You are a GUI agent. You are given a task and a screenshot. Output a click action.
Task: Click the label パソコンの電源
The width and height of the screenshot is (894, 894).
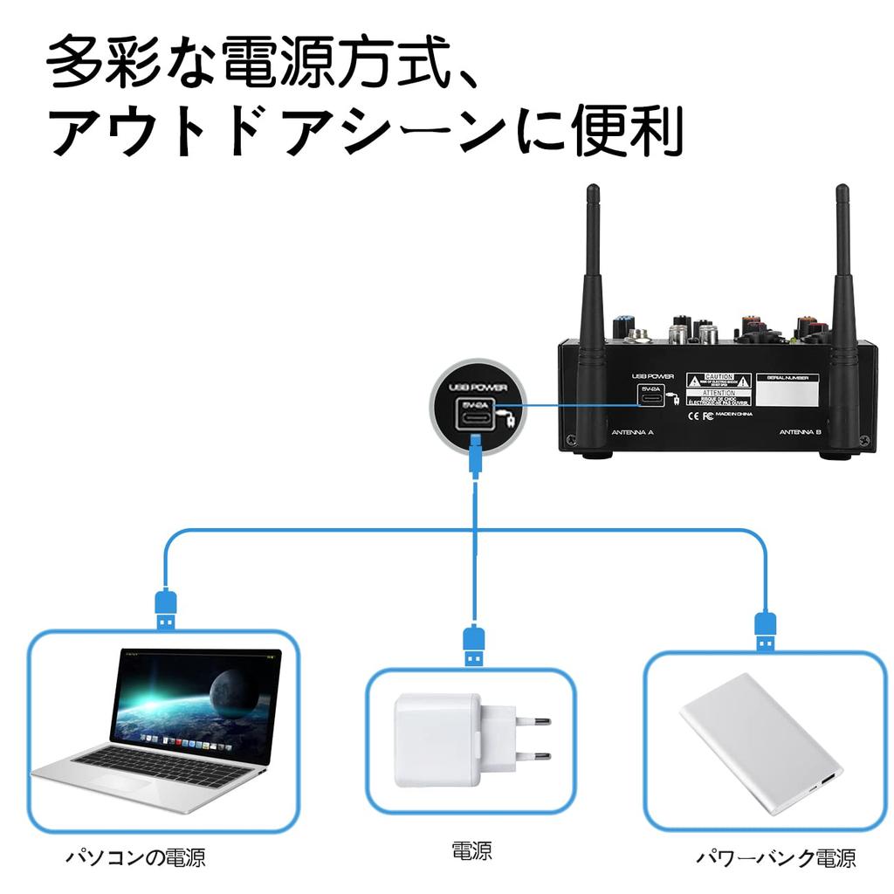[x=136, y=857]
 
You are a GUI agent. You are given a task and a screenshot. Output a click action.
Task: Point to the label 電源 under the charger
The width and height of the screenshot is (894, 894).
[x=471, y=850]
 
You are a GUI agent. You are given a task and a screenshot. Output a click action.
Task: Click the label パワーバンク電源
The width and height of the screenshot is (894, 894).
[x=775, y=857]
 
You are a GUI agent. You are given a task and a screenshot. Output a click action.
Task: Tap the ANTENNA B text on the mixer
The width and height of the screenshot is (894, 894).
[x=800, y=432]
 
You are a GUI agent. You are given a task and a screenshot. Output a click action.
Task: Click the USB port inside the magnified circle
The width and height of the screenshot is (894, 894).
[x=477, y=416]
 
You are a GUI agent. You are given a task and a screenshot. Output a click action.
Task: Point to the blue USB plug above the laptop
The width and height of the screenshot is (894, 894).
[x=166, y=608]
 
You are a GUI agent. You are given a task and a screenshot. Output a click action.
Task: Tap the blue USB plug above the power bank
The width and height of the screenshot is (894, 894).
[x=766, y=630]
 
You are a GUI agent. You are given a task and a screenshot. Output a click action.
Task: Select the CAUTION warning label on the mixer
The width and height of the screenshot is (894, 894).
[x=719, y=382]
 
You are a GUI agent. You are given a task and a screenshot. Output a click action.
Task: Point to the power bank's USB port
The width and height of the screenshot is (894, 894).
[x=826, y=781]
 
